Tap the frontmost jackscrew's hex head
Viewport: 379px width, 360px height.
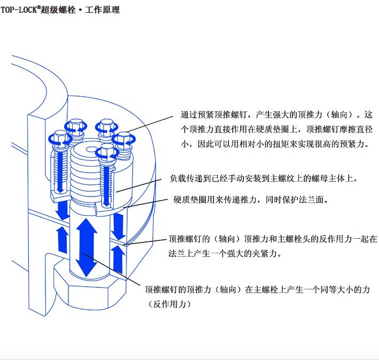coord(106,152)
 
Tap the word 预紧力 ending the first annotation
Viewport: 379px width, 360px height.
coord(355,143)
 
